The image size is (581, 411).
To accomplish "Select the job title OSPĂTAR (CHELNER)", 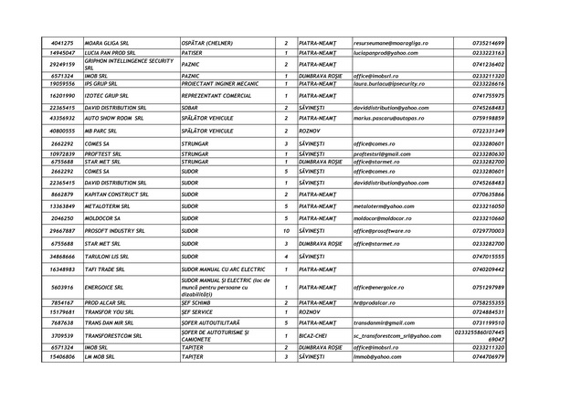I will tap(209, 43).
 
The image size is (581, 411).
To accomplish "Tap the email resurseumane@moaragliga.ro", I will tap(390, 43).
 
